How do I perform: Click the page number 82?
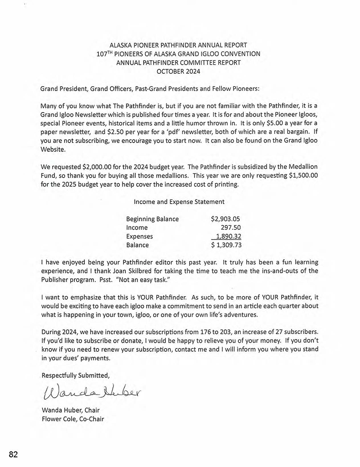tap(13, 454)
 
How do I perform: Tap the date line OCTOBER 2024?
tap(178, 71)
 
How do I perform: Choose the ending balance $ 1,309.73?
tap(226, 245)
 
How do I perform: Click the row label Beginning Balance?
tap(152, 219)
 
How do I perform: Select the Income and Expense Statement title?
tap(179, 201)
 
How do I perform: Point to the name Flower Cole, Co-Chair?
tap(72, 419)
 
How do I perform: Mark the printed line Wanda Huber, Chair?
tap(70, 410)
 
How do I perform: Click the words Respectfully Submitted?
tap(76, 375)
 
